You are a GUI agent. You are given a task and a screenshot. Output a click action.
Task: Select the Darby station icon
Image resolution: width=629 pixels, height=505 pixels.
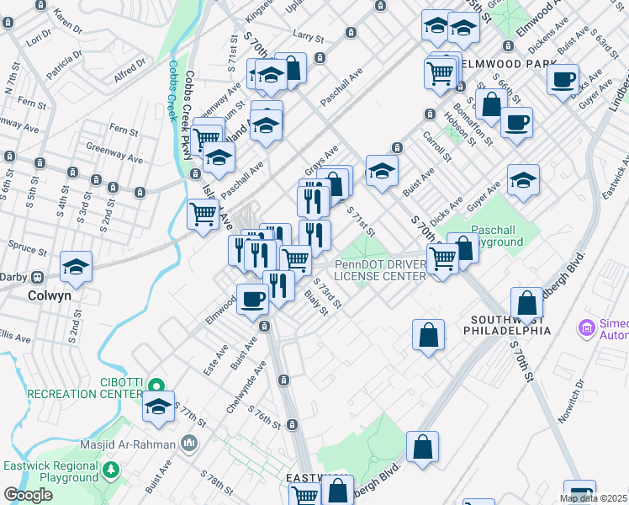tap(38, 277)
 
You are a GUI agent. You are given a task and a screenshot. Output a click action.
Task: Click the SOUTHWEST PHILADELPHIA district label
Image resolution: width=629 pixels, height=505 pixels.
tap(510, 325)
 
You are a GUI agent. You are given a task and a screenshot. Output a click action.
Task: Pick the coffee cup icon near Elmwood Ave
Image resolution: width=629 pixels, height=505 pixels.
tap(252, 298)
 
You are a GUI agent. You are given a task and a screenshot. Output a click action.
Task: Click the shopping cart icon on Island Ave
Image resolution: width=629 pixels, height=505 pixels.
tap(203, 214)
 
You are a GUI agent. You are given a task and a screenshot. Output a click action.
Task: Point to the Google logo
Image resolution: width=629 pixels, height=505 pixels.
tap(29, 495)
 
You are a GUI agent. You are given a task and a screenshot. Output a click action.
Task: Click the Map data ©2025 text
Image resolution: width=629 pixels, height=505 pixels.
tap(593, 498)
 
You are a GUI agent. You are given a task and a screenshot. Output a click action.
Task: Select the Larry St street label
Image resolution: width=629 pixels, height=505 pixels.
tap(308, 37)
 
